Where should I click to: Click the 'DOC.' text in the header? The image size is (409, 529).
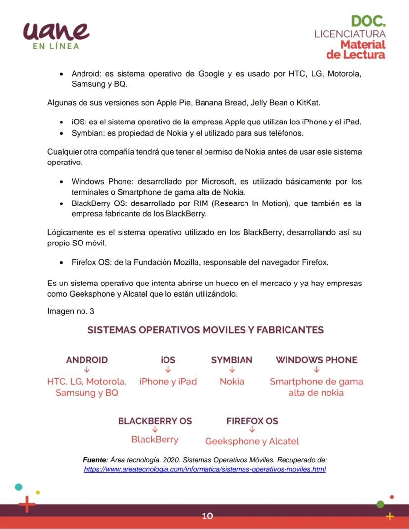tap(368, 21)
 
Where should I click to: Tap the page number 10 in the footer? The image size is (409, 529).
tap(207, 516)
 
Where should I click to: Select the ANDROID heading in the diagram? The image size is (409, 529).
tap(87, 360)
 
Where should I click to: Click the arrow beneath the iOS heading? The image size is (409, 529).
tap(168, 370)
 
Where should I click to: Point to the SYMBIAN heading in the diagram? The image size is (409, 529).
tap(232, 360)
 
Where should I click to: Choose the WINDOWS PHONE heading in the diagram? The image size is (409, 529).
tap(316, 360)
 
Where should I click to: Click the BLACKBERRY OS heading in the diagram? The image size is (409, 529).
tap(155, 421)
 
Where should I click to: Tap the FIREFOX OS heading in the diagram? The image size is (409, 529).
tap(252, 421)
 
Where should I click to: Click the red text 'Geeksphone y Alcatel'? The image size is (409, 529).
tap(252, 441)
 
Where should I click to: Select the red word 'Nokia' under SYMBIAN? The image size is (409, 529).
tap(232, 381)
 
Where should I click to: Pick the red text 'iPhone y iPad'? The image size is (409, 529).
tap(168, 381)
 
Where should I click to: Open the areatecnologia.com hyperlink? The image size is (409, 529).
tap(204, 469)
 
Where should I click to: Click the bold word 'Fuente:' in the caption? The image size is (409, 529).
tap(95, 460)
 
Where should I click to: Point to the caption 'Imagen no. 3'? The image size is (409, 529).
tap(71, 311)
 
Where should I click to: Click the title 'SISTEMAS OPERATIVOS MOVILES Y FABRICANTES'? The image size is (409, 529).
tap(205, 330)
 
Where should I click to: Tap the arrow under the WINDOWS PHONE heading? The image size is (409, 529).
tap(316, 370)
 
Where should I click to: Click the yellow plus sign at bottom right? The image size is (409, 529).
tap(390, 516)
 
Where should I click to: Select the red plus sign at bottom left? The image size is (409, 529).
tap(27, 505)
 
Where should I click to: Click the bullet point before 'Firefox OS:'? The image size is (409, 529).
tap(61, 263)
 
